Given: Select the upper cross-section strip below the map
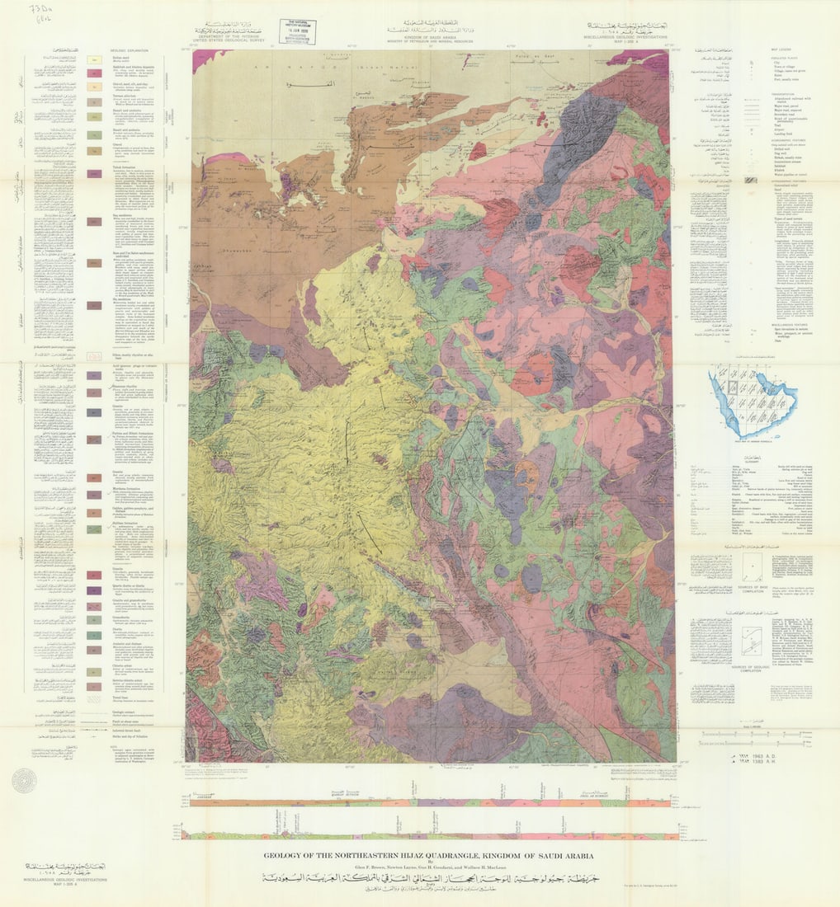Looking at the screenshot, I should [430, 801].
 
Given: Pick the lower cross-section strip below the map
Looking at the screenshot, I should [430, 834].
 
